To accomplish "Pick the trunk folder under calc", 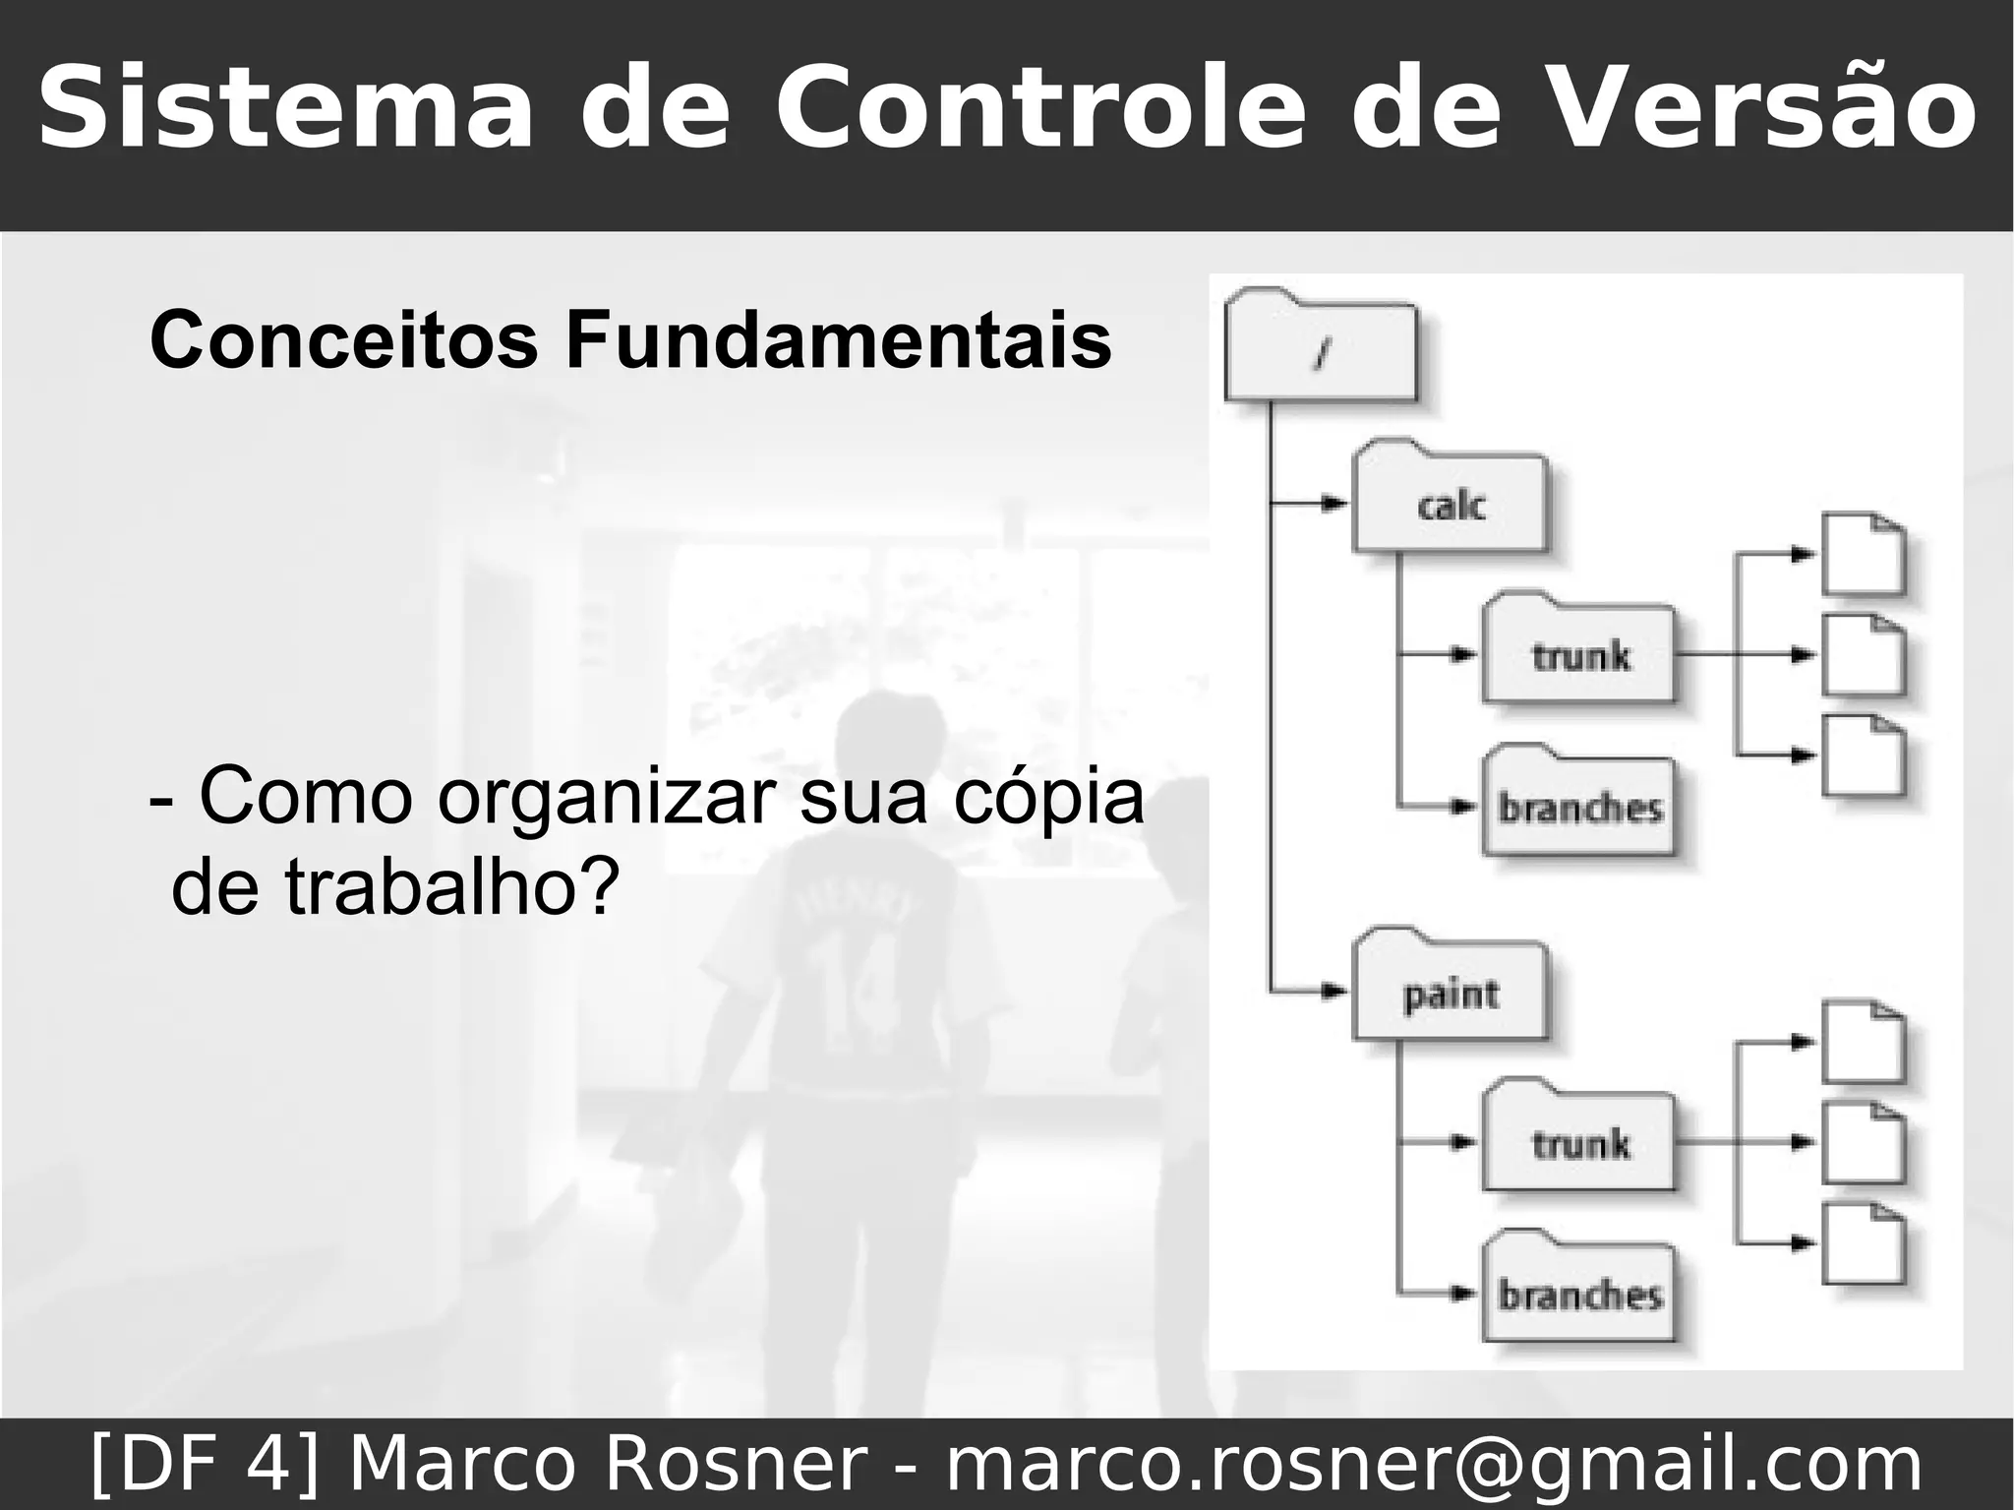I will click(x=1579, y=653).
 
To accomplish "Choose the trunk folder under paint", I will click(x=1579, y=1142).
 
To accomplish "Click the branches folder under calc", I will click(x=1579, y=807).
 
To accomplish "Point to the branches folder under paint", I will click(x=1579, y=1294).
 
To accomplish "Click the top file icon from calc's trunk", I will click(x=1864, y=554).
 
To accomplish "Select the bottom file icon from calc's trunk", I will click(x=1864, y=755).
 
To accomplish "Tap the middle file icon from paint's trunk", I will click(x=1864, y=1143).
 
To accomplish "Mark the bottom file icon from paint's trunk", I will click(x=1864, y=1243).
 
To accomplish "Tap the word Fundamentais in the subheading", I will click(x=837, y=340).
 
